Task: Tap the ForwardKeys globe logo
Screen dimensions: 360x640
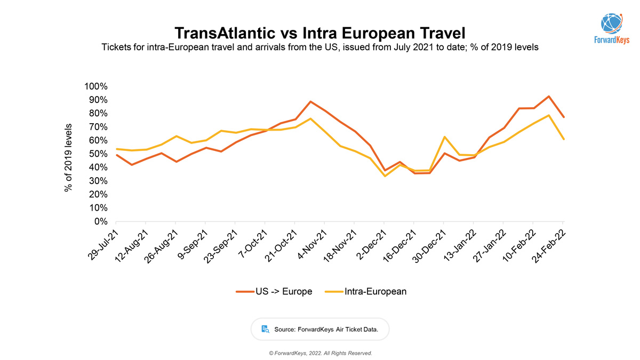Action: coord(611,22)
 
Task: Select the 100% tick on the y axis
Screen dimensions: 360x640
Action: coord(96,86)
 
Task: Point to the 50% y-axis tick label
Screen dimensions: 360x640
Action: coord(98,154)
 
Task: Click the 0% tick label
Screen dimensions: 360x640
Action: coord(101,221)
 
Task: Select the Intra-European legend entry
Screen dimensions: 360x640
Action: coord(365,291)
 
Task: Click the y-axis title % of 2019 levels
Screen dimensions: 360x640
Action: coord(68,157)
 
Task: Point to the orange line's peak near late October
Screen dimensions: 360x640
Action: coord(311,101)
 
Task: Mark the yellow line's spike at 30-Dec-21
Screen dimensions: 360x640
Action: coord(444,137)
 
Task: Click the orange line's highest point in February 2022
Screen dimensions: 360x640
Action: coord(548,97)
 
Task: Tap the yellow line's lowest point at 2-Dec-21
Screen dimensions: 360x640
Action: coord(385,176)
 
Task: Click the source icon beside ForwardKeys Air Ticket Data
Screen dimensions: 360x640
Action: coord(265,329)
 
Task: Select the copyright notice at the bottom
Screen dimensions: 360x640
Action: coord(320,353)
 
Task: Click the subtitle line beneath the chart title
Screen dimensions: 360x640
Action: coord(320,47)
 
